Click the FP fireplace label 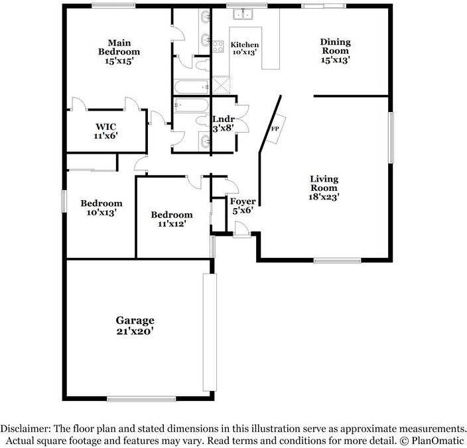click(275, 129)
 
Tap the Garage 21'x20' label click(135, 325)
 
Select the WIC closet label click(105, 131)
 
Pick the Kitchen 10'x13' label click(245, 48)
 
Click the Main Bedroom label click(119, 52)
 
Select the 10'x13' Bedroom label click(101, 208)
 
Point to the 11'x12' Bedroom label click(172, 219)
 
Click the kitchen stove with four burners click(218, 46)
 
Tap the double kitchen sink click(243, 14)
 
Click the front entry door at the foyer click(241, 229)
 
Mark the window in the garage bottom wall click(141, 399)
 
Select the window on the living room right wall click(391, 137)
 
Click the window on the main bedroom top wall click(113, 6)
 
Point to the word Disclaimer click(25, 429)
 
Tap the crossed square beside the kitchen click(221, 85)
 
